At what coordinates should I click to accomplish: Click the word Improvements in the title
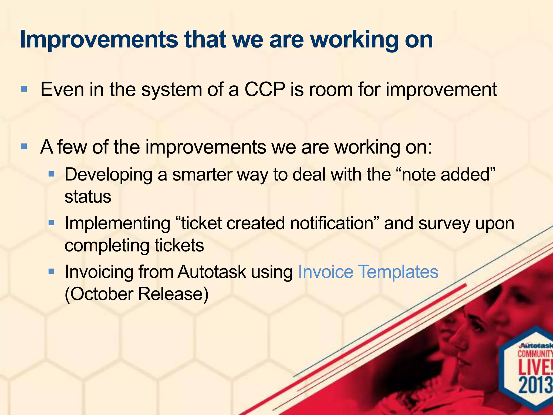click(99, 40)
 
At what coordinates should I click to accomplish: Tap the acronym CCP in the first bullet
click(265, 89)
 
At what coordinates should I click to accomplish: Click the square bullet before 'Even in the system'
click(24, 89)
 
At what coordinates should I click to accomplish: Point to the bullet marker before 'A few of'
click(24, 146)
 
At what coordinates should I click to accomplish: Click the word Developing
click(108, 175)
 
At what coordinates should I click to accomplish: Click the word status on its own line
click(88, 197)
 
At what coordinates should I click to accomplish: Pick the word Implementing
click(117, 223)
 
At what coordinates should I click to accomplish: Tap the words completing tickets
click(134, 245)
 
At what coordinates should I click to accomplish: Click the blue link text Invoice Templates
click(368, 272)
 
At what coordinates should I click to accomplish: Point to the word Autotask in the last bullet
click(212, 272)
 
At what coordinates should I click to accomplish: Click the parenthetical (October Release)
click(137, 294)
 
